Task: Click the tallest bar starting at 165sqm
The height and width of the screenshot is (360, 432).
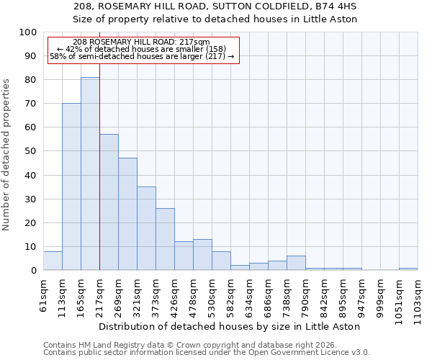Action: click(x=90, y=174)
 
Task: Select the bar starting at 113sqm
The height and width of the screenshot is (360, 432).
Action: click(x=71, y=186)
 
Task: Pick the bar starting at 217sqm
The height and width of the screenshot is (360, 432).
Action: click(x=109, y=202)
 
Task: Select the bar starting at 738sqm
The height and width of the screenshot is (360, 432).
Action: click(x=296, y=263)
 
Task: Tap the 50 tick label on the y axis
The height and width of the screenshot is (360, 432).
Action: click(x=30, y=151)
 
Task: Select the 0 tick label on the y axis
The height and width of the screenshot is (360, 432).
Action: click(x=33, y=271)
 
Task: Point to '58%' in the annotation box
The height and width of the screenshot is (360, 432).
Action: click(x=57, y=56)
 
